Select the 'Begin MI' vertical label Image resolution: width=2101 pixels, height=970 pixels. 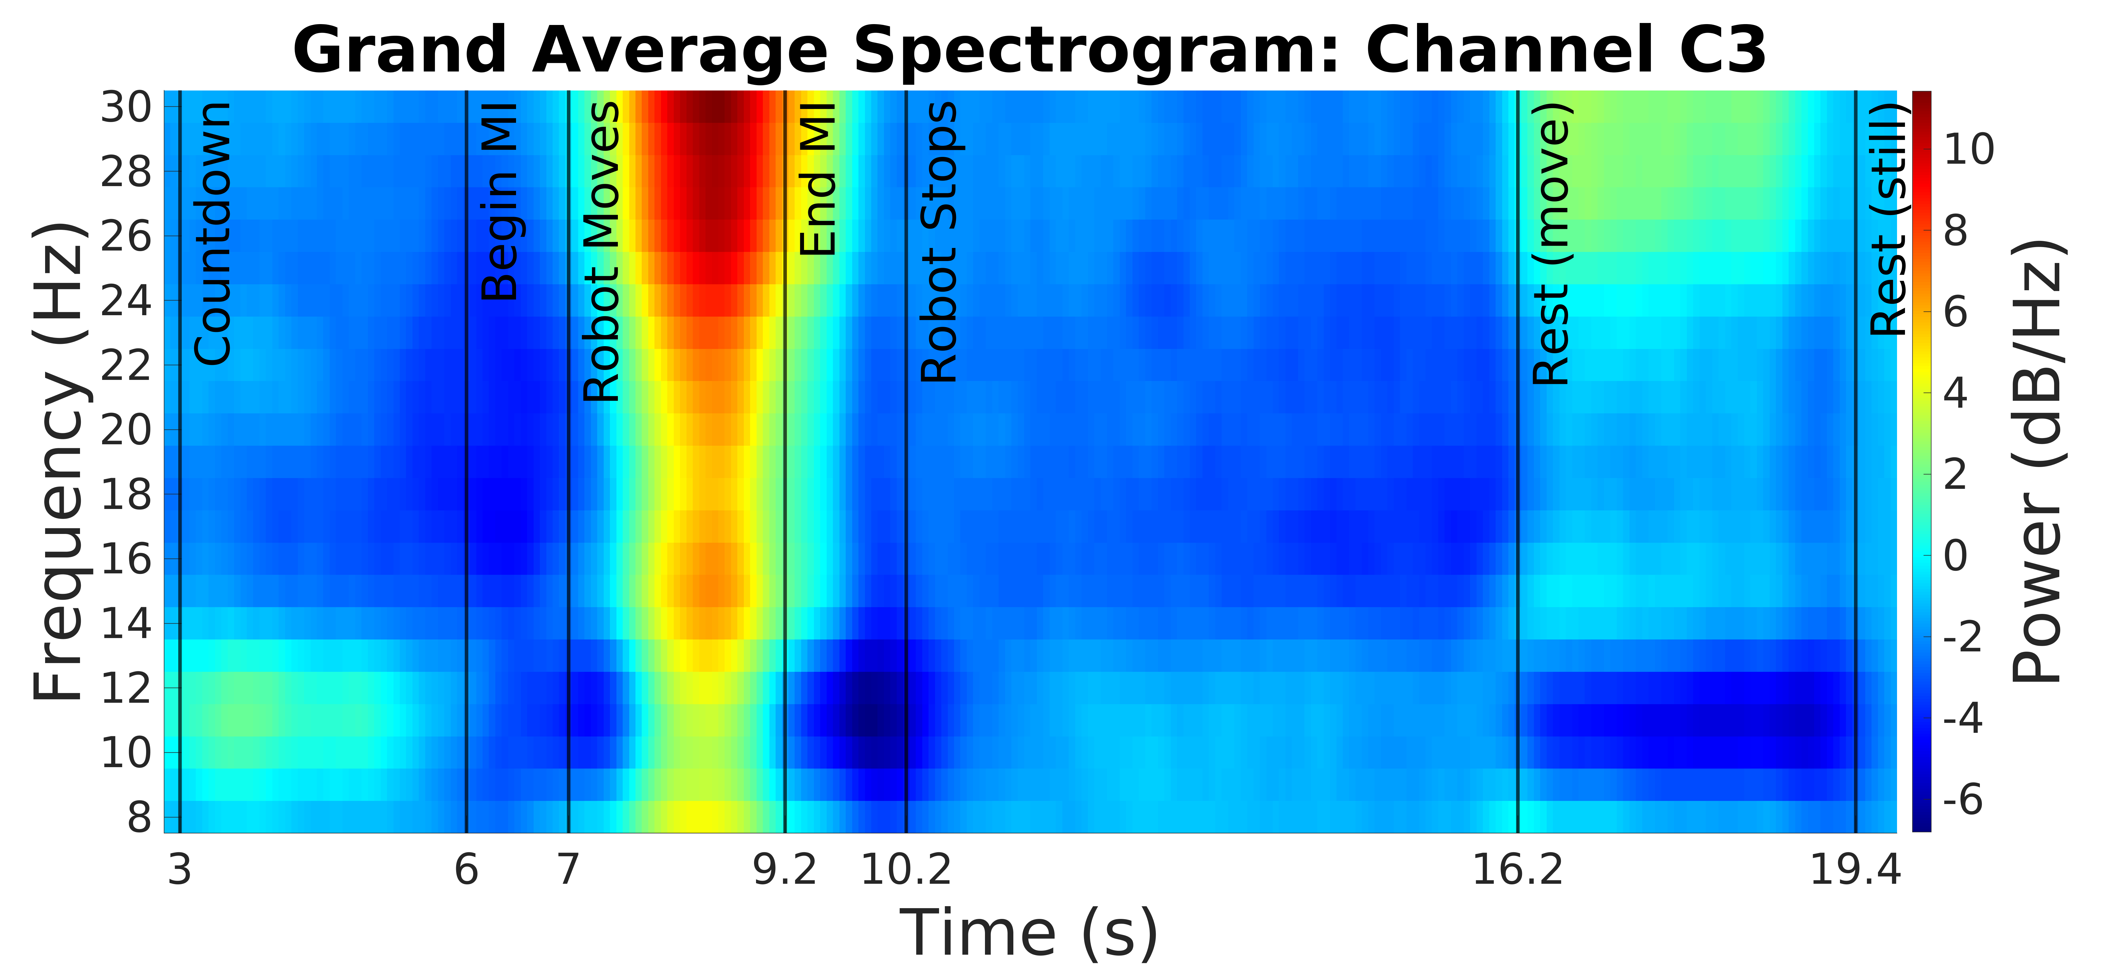(499, 202)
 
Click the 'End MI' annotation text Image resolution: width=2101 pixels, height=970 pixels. (818, 180)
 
